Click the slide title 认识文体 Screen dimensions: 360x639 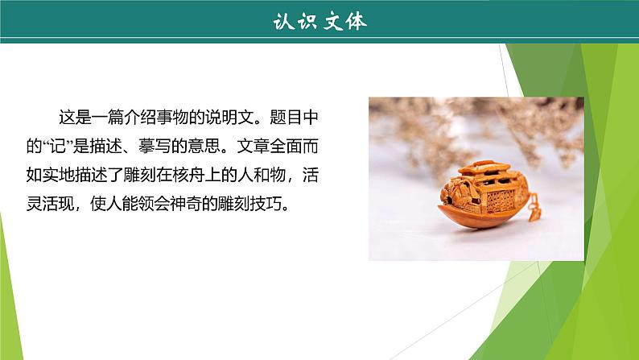(319, 22)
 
